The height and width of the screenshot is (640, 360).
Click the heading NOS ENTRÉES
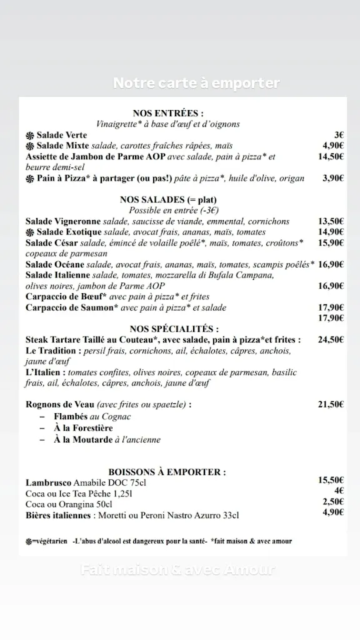pyautogui.click(x=167, y=113)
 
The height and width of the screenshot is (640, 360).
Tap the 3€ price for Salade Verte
pyautogui.click(x=339, y=134)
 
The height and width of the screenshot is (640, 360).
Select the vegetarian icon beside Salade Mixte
pyautogui.click(x=30, y=146)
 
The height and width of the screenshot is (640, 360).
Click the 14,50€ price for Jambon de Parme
pyautogui.click(x=331, y=156)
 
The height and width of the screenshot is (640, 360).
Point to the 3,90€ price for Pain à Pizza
pyautogui.click(x=333, y=178)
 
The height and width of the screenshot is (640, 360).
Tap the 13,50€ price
pyautogui.click(x=331, y=221)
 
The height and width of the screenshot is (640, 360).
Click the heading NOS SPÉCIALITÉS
pyautogui.click(x=174, y=329)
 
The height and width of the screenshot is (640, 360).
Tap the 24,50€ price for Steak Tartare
pyautogui.click(x=331, y=339)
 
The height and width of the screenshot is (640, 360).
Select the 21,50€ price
pyautogui.click(x=331, y=404)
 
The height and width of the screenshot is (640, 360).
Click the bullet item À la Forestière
pyautogui.click(x=83, y=428)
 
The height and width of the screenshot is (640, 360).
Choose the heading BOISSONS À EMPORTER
pyautogui.click(x=167, y=472)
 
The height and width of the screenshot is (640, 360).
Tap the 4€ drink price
pyautogui.click(x=339, y=491)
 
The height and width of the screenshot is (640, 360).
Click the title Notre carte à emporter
pyautogui.click(x=196, y=83)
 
